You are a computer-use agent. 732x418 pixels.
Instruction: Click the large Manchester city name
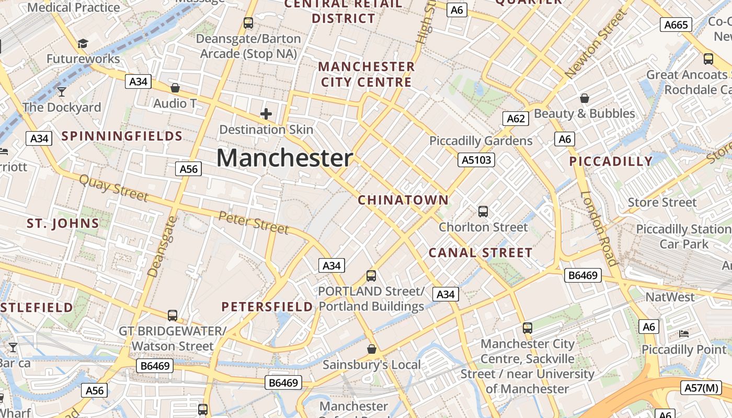284,158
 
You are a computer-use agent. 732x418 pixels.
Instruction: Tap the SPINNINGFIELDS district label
122,136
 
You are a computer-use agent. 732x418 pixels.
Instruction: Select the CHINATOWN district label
403,200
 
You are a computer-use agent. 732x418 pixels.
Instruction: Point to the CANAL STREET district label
481,253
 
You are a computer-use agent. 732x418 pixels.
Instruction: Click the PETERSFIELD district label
267,307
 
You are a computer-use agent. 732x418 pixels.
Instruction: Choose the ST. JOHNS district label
63,224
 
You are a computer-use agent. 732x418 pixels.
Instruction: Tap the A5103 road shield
476,160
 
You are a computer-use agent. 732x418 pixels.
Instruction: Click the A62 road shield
516,119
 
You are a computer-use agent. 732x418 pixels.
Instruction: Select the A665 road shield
676,25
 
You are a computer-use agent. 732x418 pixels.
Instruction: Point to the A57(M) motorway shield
702,388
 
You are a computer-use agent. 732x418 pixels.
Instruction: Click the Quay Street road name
113,188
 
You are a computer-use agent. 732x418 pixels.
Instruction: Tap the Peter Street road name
254,223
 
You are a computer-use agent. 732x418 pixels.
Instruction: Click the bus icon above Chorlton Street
483,212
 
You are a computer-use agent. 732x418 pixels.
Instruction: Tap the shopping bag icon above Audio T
175,88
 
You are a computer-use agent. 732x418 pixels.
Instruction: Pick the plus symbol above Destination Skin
266,114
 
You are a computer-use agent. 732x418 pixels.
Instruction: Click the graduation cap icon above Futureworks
83,43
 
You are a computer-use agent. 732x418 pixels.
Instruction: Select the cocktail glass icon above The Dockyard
62,92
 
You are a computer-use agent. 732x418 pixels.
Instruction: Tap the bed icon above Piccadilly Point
683,333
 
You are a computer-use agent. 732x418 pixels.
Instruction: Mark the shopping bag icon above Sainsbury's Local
371,349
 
